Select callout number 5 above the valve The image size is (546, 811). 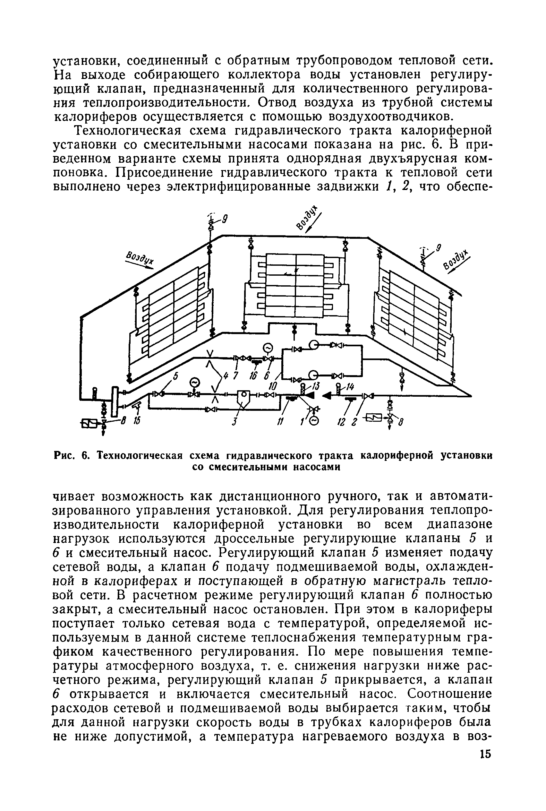pos(175,376)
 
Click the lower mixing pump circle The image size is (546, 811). pos(314,375)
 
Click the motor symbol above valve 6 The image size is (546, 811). pos(268,347)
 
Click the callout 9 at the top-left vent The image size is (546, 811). pos(225,220)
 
